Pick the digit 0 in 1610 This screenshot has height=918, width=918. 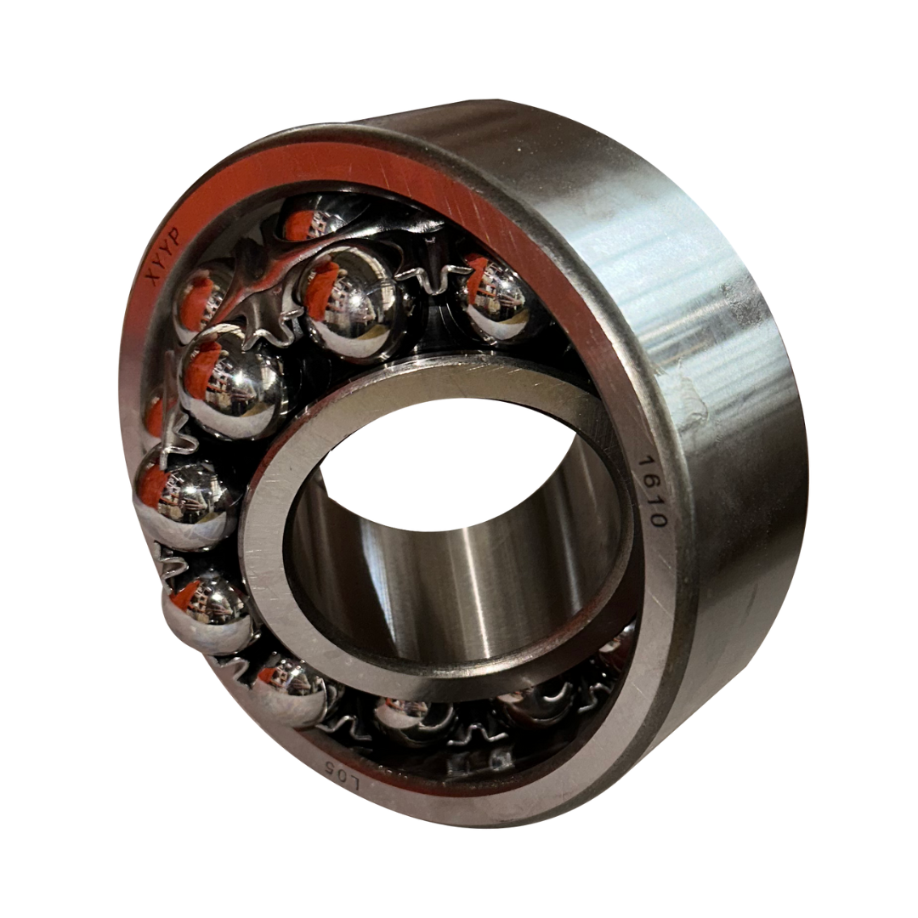(655, 518)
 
